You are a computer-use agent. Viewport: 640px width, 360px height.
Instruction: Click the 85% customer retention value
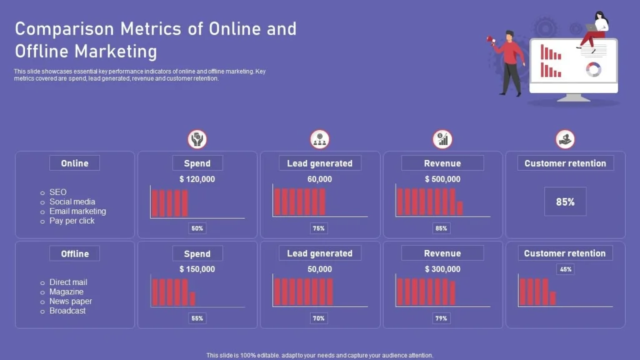[x=565, y=202]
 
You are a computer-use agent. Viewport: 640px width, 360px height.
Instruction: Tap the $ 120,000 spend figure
[x=197, y=179]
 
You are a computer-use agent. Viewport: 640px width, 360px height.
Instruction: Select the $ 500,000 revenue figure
[x=442, y=179]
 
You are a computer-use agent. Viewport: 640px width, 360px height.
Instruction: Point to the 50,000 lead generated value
[x=319, y=269]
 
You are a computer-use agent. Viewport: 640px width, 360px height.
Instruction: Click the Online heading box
[x=74, y=163]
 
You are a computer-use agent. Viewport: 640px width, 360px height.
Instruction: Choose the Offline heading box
[x=74, y=254]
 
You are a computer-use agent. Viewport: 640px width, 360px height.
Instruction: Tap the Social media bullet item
[x=72, y=202]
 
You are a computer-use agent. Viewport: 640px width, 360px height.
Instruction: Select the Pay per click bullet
[x=72, y=221]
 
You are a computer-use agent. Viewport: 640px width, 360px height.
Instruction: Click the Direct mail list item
[x=68, y=282]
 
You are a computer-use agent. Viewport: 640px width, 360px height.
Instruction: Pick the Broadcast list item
[x=67, y=311]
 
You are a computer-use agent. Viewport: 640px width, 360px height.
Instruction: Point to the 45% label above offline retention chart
[x=566, y=269]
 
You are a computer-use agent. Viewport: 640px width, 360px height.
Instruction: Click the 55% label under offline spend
[x=197, y=318]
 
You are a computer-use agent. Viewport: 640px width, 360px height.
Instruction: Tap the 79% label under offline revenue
[x=441, y=318]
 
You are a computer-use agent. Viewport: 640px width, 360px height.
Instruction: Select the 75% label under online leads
[x=319, y=228]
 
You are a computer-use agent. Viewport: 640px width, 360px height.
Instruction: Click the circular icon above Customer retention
[x=565, y=139]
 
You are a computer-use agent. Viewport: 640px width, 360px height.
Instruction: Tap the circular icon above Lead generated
[x=320, y=139]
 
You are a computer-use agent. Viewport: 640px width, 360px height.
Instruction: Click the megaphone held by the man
[x=491, y=40]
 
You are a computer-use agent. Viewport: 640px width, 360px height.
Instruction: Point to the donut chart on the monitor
[x=593, y=69]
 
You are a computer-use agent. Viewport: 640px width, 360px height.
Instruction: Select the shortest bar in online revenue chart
[x=460, y=208]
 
